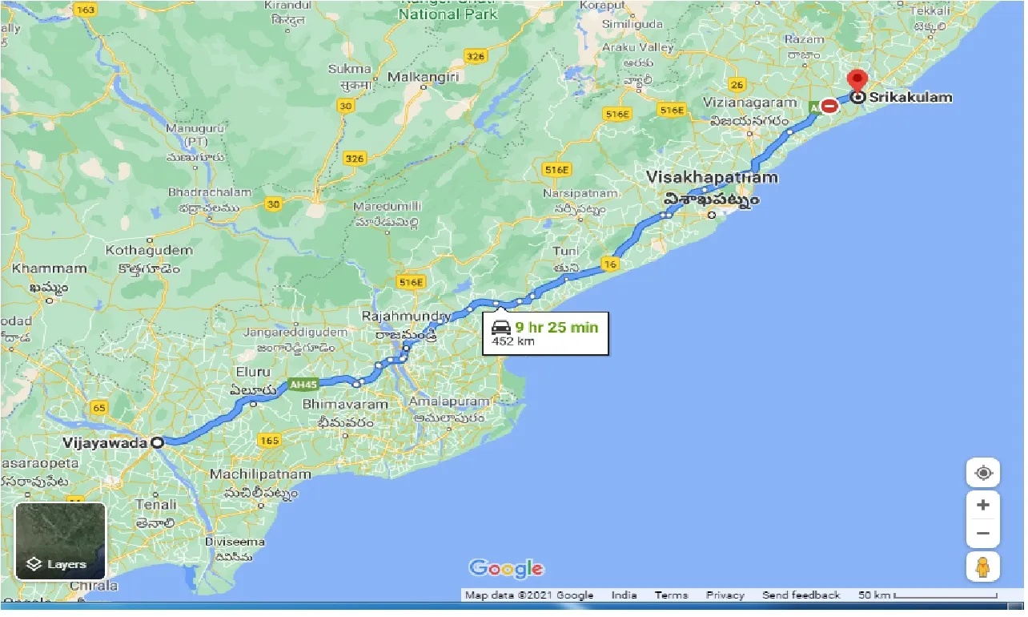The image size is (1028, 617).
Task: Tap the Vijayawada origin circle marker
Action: point(158,442)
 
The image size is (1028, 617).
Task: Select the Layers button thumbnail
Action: point(60,541)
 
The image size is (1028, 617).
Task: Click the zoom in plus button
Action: point(982,505)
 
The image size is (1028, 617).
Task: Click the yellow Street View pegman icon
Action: point(982,567)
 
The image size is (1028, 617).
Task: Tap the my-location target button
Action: point(982,473)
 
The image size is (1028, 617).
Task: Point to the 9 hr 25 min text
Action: point(556,327)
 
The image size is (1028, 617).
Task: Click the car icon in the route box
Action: point(501,327)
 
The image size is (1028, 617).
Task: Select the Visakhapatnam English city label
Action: point(712,177)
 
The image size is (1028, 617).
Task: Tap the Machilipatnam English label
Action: point(259,474)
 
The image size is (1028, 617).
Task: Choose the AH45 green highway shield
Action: point(303,384)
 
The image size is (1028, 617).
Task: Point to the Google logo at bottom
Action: point(506,569)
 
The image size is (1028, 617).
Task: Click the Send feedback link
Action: point(801,595)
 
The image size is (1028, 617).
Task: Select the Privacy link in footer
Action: point(725,595)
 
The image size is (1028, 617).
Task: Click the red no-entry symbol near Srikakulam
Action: point(829,106)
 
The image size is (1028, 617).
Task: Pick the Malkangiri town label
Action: point(422,77)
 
